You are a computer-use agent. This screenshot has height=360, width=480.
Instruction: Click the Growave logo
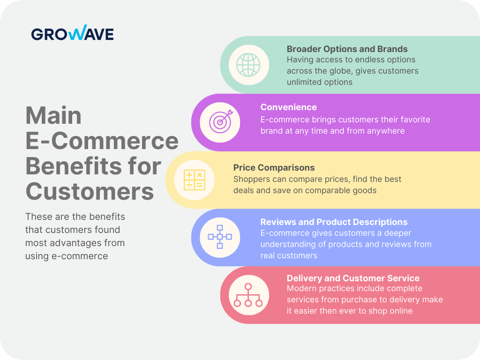pos(72,33)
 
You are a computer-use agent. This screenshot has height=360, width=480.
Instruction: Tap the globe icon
pos(248,65)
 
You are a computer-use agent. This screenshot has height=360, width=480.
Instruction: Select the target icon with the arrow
pos(220,122)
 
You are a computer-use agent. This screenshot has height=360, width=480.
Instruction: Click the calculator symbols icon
pos(195,180)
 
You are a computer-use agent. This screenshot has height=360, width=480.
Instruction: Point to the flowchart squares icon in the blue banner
pos(220,237)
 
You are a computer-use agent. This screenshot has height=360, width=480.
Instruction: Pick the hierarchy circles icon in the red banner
pos(248,295)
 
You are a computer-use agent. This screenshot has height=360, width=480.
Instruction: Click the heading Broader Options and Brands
pos(347,49)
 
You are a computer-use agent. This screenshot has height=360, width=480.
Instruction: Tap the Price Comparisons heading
pos(274,167)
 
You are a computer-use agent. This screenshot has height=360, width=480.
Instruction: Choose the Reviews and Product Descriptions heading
pos(334,222)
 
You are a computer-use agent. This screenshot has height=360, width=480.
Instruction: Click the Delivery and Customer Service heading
pos(353,278)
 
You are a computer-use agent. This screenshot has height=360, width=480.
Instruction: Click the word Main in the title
pos(53,115)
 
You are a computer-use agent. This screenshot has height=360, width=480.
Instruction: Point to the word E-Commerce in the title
pos(102,141)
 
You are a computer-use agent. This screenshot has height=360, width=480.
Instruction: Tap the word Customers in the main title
pos(90,191)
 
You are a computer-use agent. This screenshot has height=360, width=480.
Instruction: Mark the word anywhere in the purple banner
pos(381,131)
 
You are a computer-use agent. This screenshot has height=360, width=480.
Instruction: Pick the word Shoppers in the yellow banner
pos(251,179)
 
